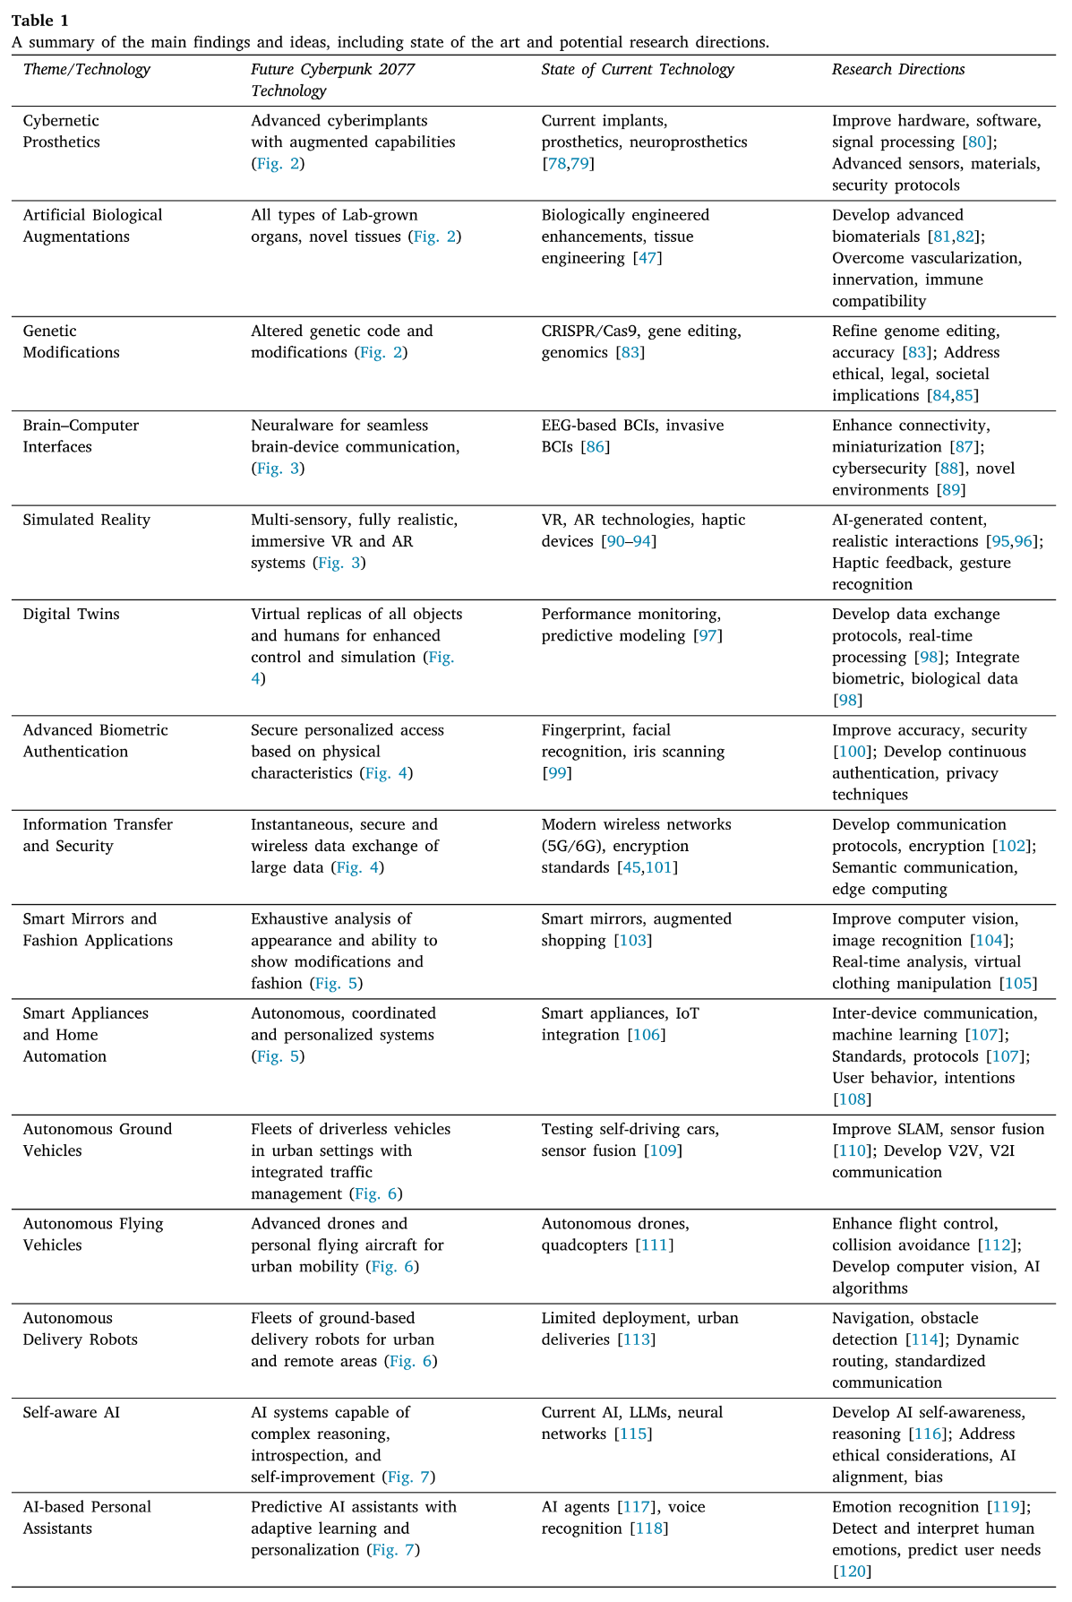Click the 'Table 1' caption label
click(39, 21)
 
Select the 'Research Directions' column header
click(898, 70)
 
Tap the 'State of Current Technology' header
click(638, 70)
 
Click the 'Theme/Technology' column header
click(87, 70)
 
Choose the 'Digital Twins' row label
click(71, 615)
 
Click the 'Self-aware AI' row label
click(72, 1413)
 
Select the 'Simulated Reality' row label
click(87, 521)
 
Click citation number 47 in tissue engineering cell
click(647, 259)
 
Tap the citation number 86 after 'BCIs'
click(595, 447)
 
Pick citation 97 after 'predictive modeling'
click(708, 636)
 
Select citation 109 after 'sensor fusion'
click(664, 1151)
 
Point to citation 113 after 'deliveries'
click(637, 1340)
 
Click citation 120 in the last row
click(851, 1572)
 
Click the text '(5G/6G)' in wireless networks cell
click(570, 847)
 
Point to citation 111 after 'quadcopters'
click(655, 1245)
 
